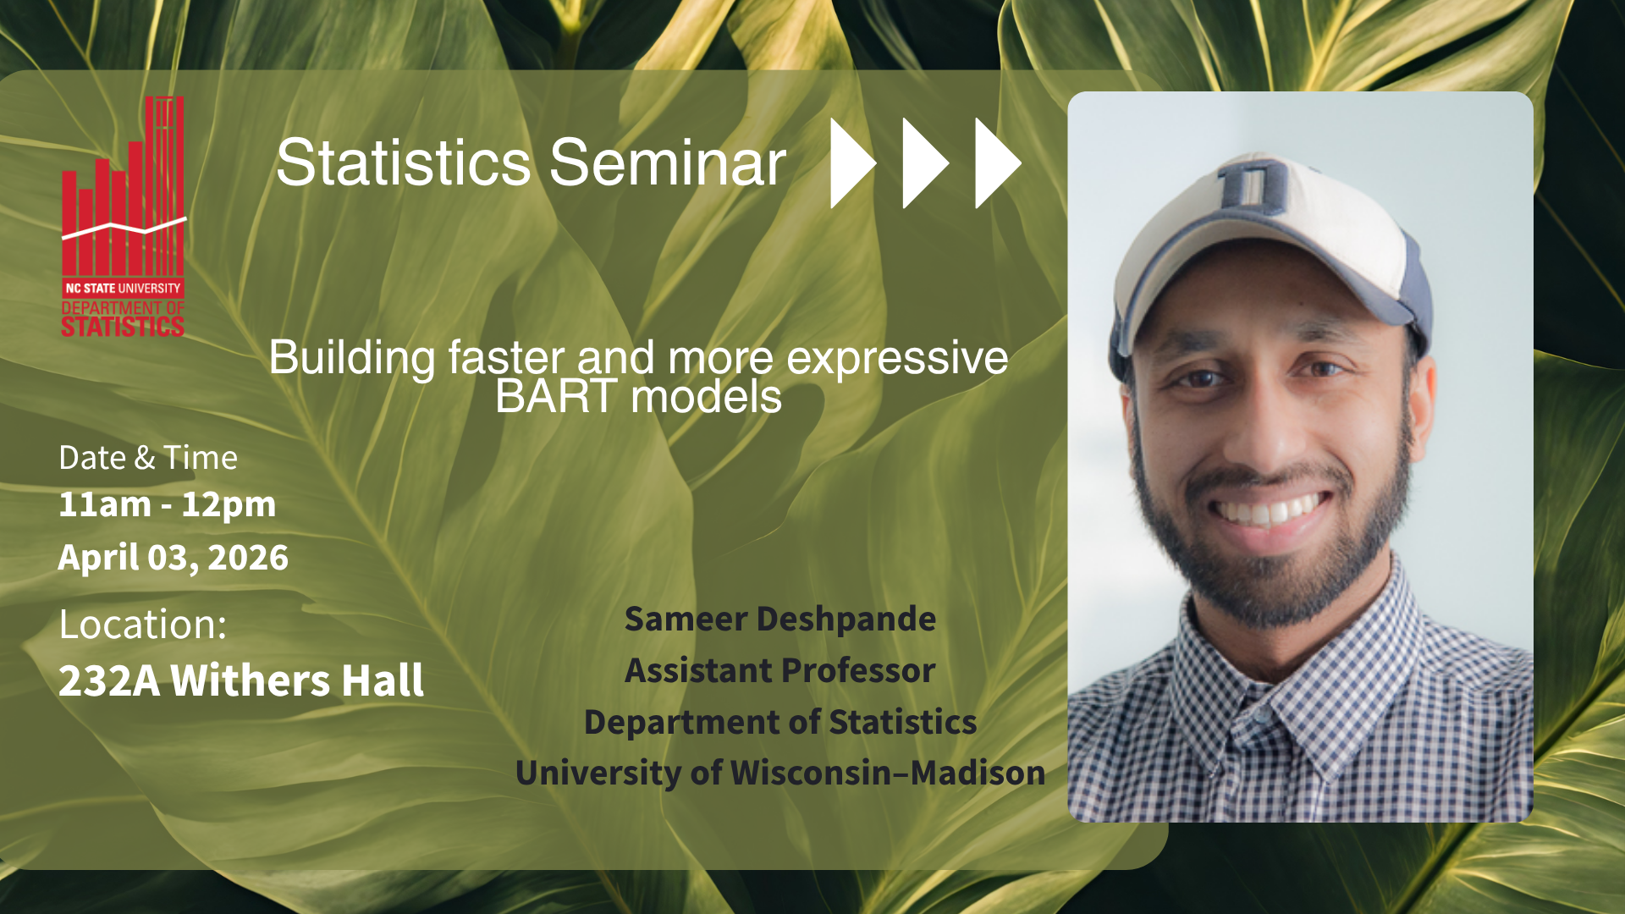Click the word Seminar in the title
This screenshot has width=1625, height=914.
pyautogui.click(x=668, y=162)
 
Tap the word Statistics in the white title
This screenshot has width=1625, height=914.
pyautogui.click(x=404, y=162)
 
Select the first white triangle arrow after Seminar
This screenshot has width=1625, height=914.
pyautogui.click(x=852, y=162)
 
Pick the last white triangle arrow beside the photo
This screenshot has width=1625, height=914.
pyautogui.click(x=998, y=162)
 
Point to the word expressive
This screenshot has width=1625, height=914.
pyautogui.click(x=897, y=359)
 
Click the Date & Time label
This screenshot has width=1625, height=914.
pyautogui.click(x=148, y=458)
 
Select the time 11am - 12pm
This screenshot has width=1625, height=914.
pyautogui.click(x=167, y=504)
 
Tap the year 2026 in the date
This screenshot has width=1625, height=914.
pyautogui.click(x=248, y=558)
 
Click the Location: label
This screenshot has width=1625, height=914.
pyautogui.click(x=143, y=625)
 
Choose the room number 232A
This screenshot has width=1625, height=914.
pyautogui.click(x=109, y=680)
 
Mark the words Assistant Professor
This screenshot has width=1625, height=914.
pyautogui.click(x=780, y=670)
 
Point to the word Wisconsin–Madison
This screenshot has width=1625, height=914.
pyautogui.click(x=888, y=773)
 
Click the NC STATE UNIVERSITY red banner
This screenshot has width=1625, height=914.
pyautogui.click(x=124, y=288)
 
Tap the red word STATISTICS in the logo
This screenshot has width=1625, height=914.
pyautogui.click(x=123, y=327)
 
